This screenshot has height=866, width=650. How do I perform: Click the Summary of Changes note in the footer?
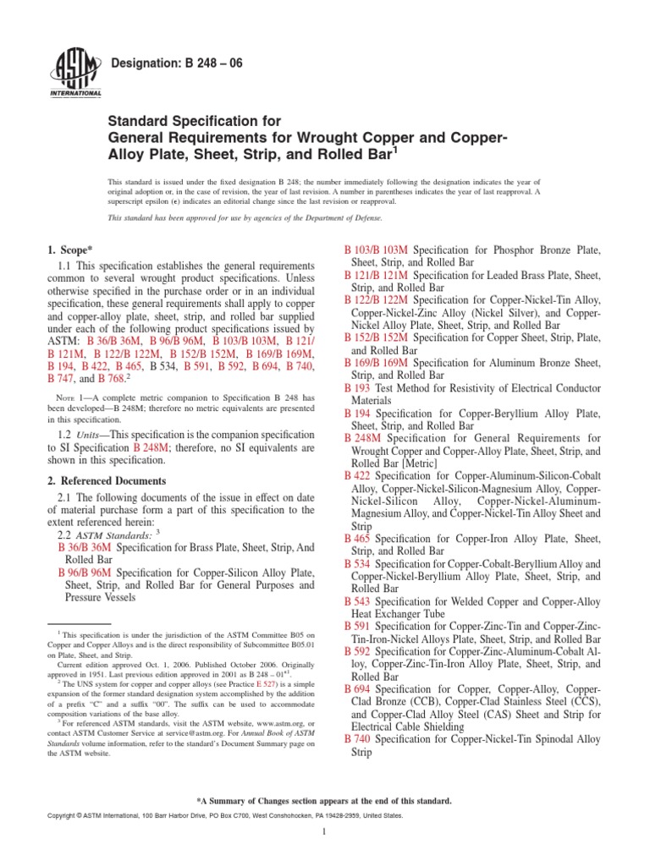click(x=324, y=800)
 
